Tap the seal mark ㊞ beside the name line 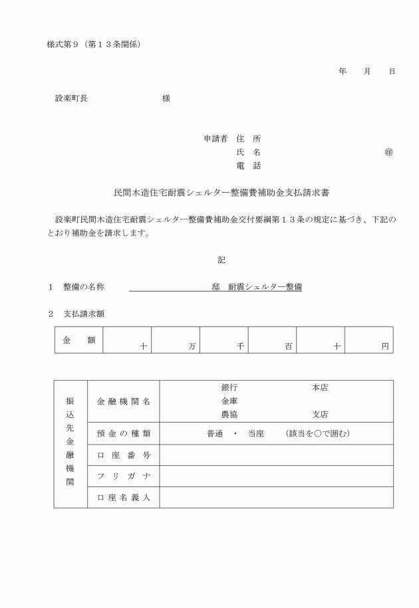pyautogui.click(x=388, y=152)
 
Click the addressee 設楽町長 pyautogui.click(x=71, y=98)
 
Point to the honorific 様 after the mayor pyautogui.click(x=166, y=98)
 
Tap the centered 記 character pyautogui.click(x=221, y=260)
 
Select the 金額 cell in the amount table pyautogui.click(x=78, y=340)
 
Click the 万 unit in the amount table pyautogui.click(x=192, y=347)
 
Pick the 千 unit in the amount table pyautogui.click(x=241, y=347)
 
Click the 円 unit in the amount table pyautogui.click(x=385, y=347)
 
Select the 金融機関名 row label pyautogui.click(x=124, y=401)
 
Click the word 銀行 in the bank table pyautogui.click(x=229, y=387)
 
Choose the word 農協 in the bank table pyautogui.click(x=229, y=414)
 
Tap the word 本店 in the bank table pyautogui.click(x=320, y=387)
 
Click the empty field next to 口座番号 pyautogui.click(x=276, y=455)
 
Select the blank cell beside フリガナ pyautogui.click(x=276, y=476)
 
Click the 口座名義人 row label pyautogui.click(x=124, y=498)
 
